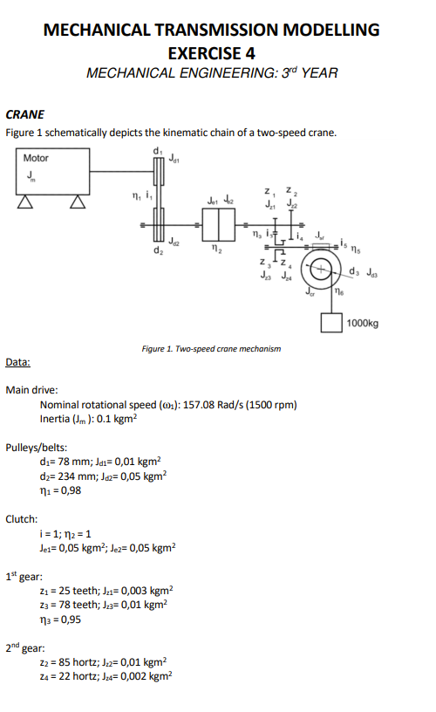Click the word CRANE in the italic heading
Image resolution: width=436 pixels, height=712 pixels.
tap(24, 114)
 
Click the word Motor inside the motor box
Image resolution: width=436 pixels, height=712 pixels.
tap(36, 158)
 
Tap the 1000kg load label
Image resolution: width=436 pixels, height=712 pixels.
tap(362, 323)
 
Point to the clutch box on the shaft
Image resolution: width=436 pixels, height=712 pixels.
tap(218, 226)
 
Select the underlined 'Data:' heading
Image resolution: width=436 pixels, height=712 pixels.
tap(17, 361)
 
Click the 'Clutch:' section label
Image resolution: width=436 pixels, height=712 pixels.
tap(21, 518)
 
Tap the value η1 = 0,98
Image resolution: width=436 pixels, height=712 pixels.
tap(60, 489)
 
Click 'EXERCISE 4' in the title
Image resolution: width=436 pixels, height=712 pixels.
tap(211, 51)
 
